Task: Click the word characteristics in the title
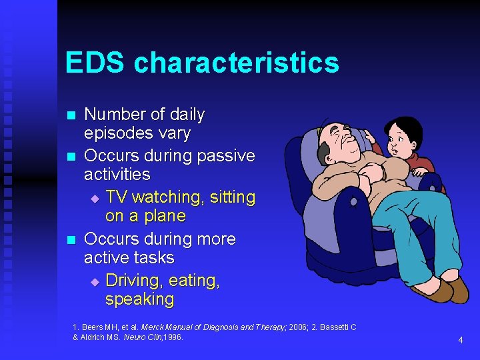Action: click(x=236, y=63)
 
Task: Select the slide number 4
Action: click(x=460, y=341)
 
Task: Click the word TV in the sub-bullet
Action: click(x=115, y=197)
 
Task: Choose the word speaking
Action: click(x=139, y=299)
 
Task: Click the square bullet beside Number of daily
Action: click(x=72, y=115)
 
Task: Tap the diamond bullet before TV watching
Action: click(x=94, y=199)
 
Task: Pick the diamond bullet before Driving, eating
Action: click(x=94, y=282)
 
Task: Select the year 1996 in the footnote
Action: click(x=172, y=337)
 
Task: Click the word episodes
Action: click(x=113, y=133)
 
